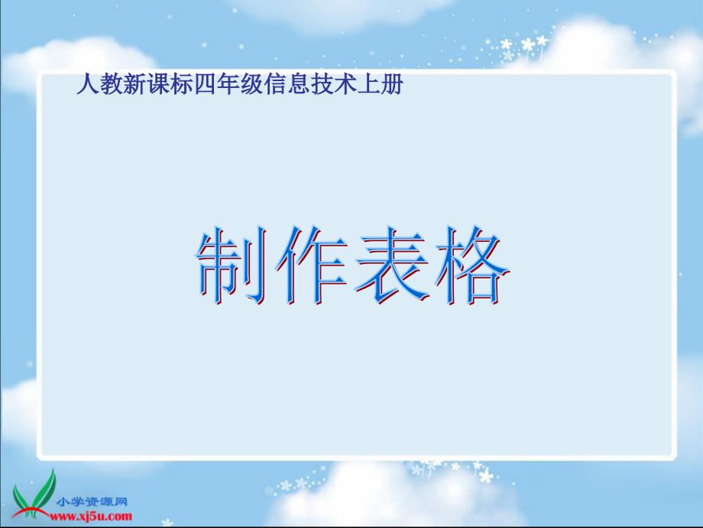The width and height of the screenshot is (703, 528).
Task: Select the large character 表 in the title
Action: pos(391,266)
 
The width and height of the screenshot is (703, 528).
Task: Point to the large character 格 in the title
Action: pos(472,266)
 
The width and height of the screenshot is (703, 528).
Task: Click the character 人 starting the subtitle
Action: pos(88,84)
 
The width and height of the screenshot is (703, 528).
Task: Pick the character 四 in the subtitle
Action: pos(206,84)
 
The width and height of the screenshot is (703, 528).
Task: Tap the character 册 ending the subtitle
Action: pos(392,84)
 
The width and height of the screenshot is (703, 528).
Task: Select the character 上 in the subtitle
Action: pos(369,84)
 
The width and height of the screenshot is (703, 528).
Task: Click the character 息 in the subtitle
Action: pos(299,84)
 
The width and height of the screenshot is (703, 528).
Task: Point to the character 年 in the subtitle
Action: pos(228,84)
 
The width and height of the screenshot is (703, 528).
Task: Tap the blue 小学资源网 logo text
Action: pos(92,501)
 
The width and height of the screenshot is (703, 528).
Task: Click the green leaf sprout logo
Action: pos(34,494)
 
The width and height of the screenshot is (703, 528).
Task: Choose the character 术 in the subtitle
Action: pos(345,84)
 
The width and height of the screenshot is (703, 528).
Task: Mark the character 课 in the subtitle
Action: pos(158,84)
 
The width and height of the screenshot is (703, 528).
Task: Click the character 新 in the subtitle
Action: pos(135,84)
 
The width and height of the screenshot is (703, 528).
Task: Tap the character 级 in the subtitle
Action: pos(252,84)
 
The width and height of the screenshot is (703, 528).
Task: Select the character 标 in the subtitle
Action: pos(182,84)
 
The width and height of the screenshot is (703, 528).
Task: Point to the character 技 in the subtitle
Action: pos(322,84)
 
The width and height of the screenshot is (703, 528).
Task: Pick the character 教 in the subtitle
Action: pos(112,84)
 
